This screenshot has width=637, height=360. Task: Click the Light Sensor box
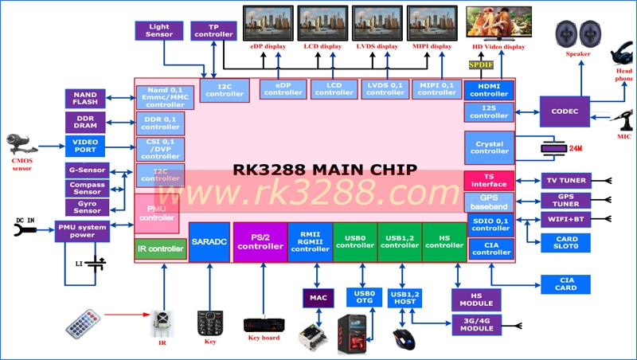[x=159, y=31]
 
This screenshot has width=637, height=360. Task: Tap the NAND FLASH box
[x=85, y=98]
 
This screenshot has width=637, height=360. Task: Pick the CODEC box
[x=564, y=111]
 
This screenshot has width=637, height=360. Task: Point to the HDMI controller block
[x=489, y=89]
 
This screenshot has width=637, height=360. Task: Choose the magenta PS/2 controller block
[x=260, y=241]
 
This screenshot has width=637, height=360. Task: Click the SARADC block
[x=209, y=241]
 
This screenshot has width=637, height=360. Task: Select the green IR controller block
[x=161, y=249]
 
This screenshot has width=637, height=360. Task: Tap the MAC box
[x=317, y=297]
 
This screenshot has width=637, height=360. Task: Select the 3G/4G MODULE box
[x=477, y=325]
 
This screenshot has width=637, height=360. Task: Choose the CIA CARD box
[x=565, y=284]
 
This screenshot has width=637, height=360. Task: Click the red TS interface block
[x=489, y=180]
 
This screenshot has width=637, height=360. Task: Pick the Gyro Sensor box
[x=87, y=206]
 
